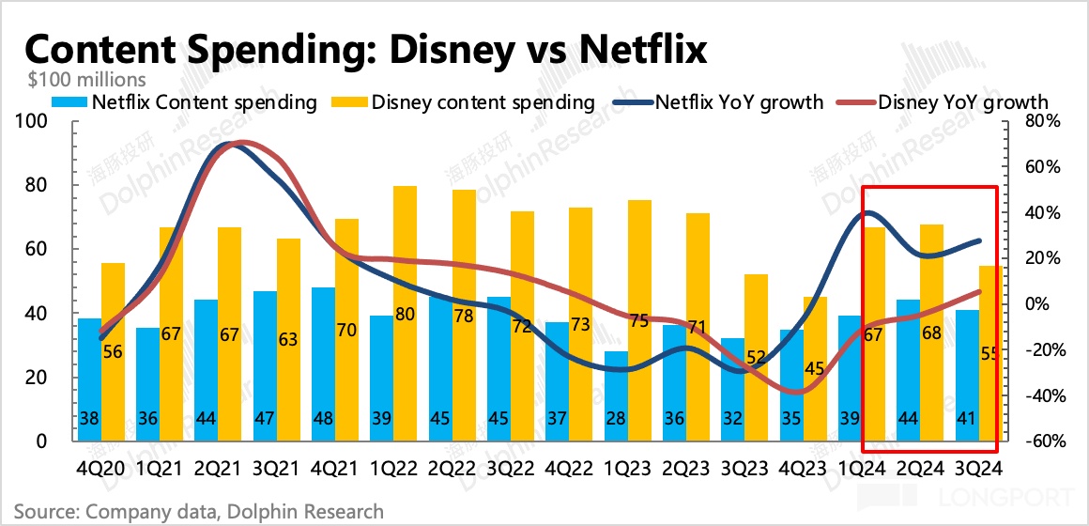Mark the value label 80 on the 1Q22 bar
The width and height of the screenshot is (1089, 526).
click(406, 314)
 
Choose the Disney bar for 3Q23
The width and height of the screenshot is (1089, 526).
click(756, 357)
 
